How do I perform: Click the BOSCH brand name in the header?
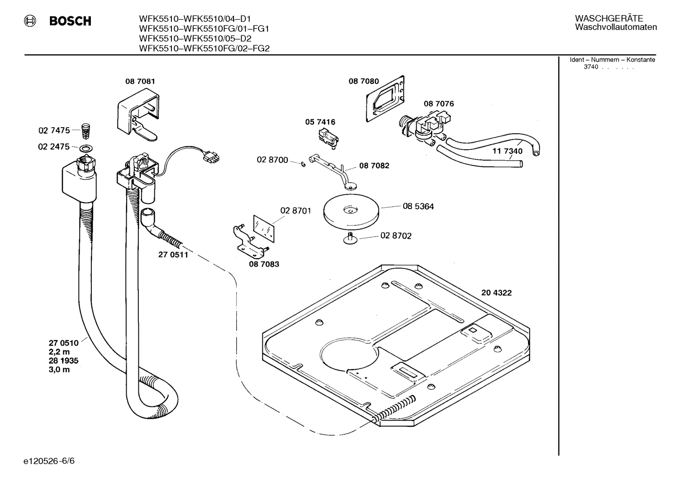click(x=70, y=21)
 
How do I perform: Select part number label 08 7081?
click(x=140, y=81)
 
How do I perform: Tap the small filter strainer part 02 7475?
click(x=85, y=130)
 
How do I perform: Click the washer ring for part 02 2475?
click(x=86, y=149)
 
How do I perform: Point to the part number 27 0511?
click(x=173, y=255)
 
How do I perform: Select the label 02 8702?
click(x=396, y=236)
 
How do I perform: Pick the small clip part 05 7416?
click(x=327, y=138)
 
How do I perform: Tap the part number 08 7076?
click(x=438, y=104)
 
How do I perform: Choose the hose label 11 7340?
click(x=507, y=151)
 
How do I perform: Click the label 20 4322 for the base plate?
click(x=496, y=293)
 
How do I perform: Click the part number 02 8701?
click(x=295, y=211)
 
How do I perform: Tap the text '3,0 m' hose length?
click(x=59, y=370)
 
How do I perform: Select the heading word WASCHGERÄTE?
click(x=608, y=18)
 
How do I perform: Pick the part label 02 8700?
click(x=272, y=160)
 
